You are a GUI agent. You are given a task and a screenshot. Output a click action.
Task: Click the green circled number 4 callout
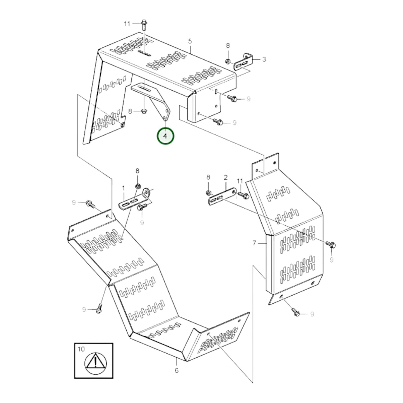[165, 136]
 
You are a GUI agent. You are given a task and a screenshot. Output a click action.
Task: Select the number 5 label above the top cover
[190, 41]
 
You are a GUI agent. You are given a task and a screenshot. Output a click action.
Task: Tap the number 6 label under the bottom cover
[176, 370]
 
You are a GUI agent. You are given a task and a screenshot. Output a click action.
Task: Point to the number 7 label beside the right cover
[254, 243]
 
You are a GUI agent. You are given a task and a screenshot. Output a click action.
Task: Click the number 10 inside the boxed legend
[81, 349]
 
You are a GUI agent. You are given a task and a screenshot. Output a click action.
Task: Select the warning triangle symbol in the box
[95, 363]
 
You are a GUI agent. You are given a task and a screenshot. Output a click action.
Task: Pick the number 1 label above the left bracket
[124, 189]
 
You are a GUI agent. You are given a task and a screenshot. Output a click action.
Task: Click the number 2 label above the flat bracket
[226, 177]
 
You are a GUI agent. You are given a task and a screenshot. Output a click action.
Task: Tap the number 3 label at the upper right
[264, 59]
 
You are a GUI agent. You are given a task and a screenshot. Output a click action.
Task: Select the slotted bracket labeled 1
[134, 201]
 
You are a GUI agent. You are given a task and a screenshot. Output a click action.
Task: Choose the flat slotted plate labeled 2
[222, 197]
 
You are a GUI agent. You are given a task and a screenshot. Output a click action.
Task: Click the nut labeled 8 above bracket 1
[137, 186]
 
